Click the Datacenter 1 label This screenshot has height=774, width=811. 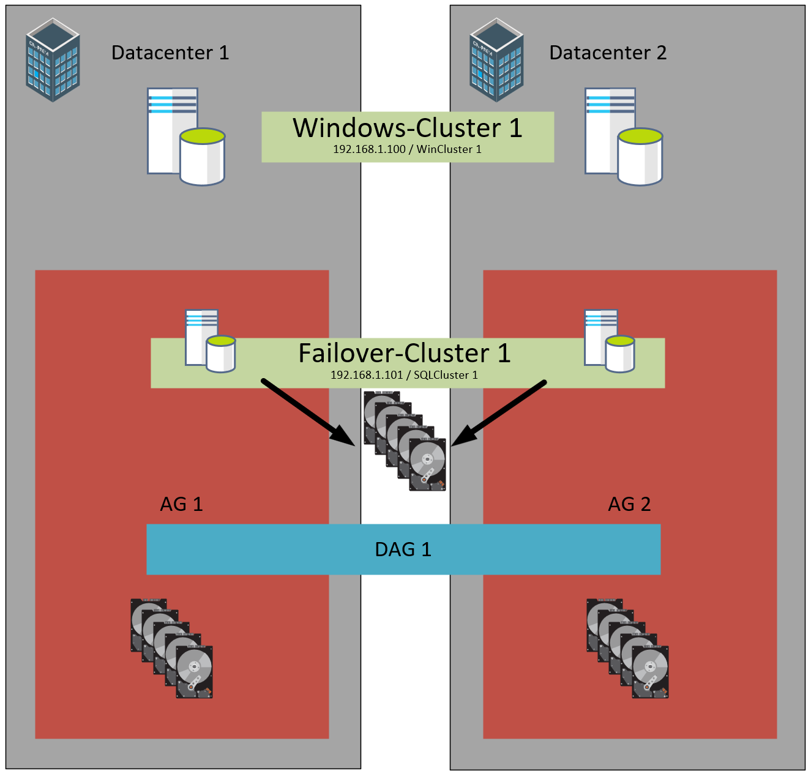click(170, 53)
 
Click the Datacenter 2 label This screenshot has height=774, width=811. click(608, 53)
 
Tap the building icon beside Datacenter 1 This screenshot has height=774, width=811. click(53, 60)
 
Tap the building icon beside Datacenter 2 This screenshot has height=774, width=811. click(496, 60)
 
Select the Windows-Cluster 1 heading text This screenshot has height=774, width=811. click(408, 128)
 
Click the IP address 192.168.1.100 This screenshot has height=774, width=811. click(369, 149)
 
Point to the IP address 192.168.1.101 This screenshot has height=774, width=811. click(367, 375)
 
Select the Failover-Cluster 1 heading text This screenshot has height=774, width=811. click(405, 353)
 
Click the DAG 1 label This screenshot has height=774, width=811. click(403, 549)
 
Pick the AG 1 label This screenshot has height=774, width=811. click(181, 504)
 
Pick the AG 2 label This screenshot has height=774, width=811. click(629, 504)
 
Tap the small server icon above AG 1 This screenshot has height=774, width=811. click(210, 341)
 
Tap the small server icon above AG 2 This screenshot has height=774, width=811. click(609, 341)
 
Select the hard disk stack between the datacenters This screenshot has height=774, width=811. click(405, 441)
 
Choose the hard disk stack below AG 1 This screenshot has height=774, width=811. click(171, 649)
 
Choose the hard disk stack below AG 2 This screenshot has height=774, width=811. click(627, 649)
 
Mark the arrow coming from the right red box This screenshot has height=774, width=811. click(499, 412)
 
